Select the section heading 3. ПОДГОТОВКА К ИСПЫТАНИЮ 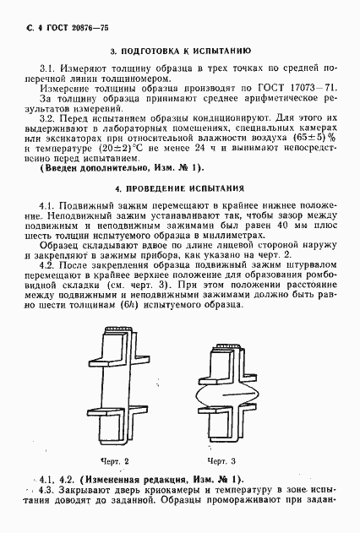point(179,51)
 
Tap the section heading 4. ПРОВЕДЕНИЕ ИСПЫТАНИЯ point(179,188)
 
